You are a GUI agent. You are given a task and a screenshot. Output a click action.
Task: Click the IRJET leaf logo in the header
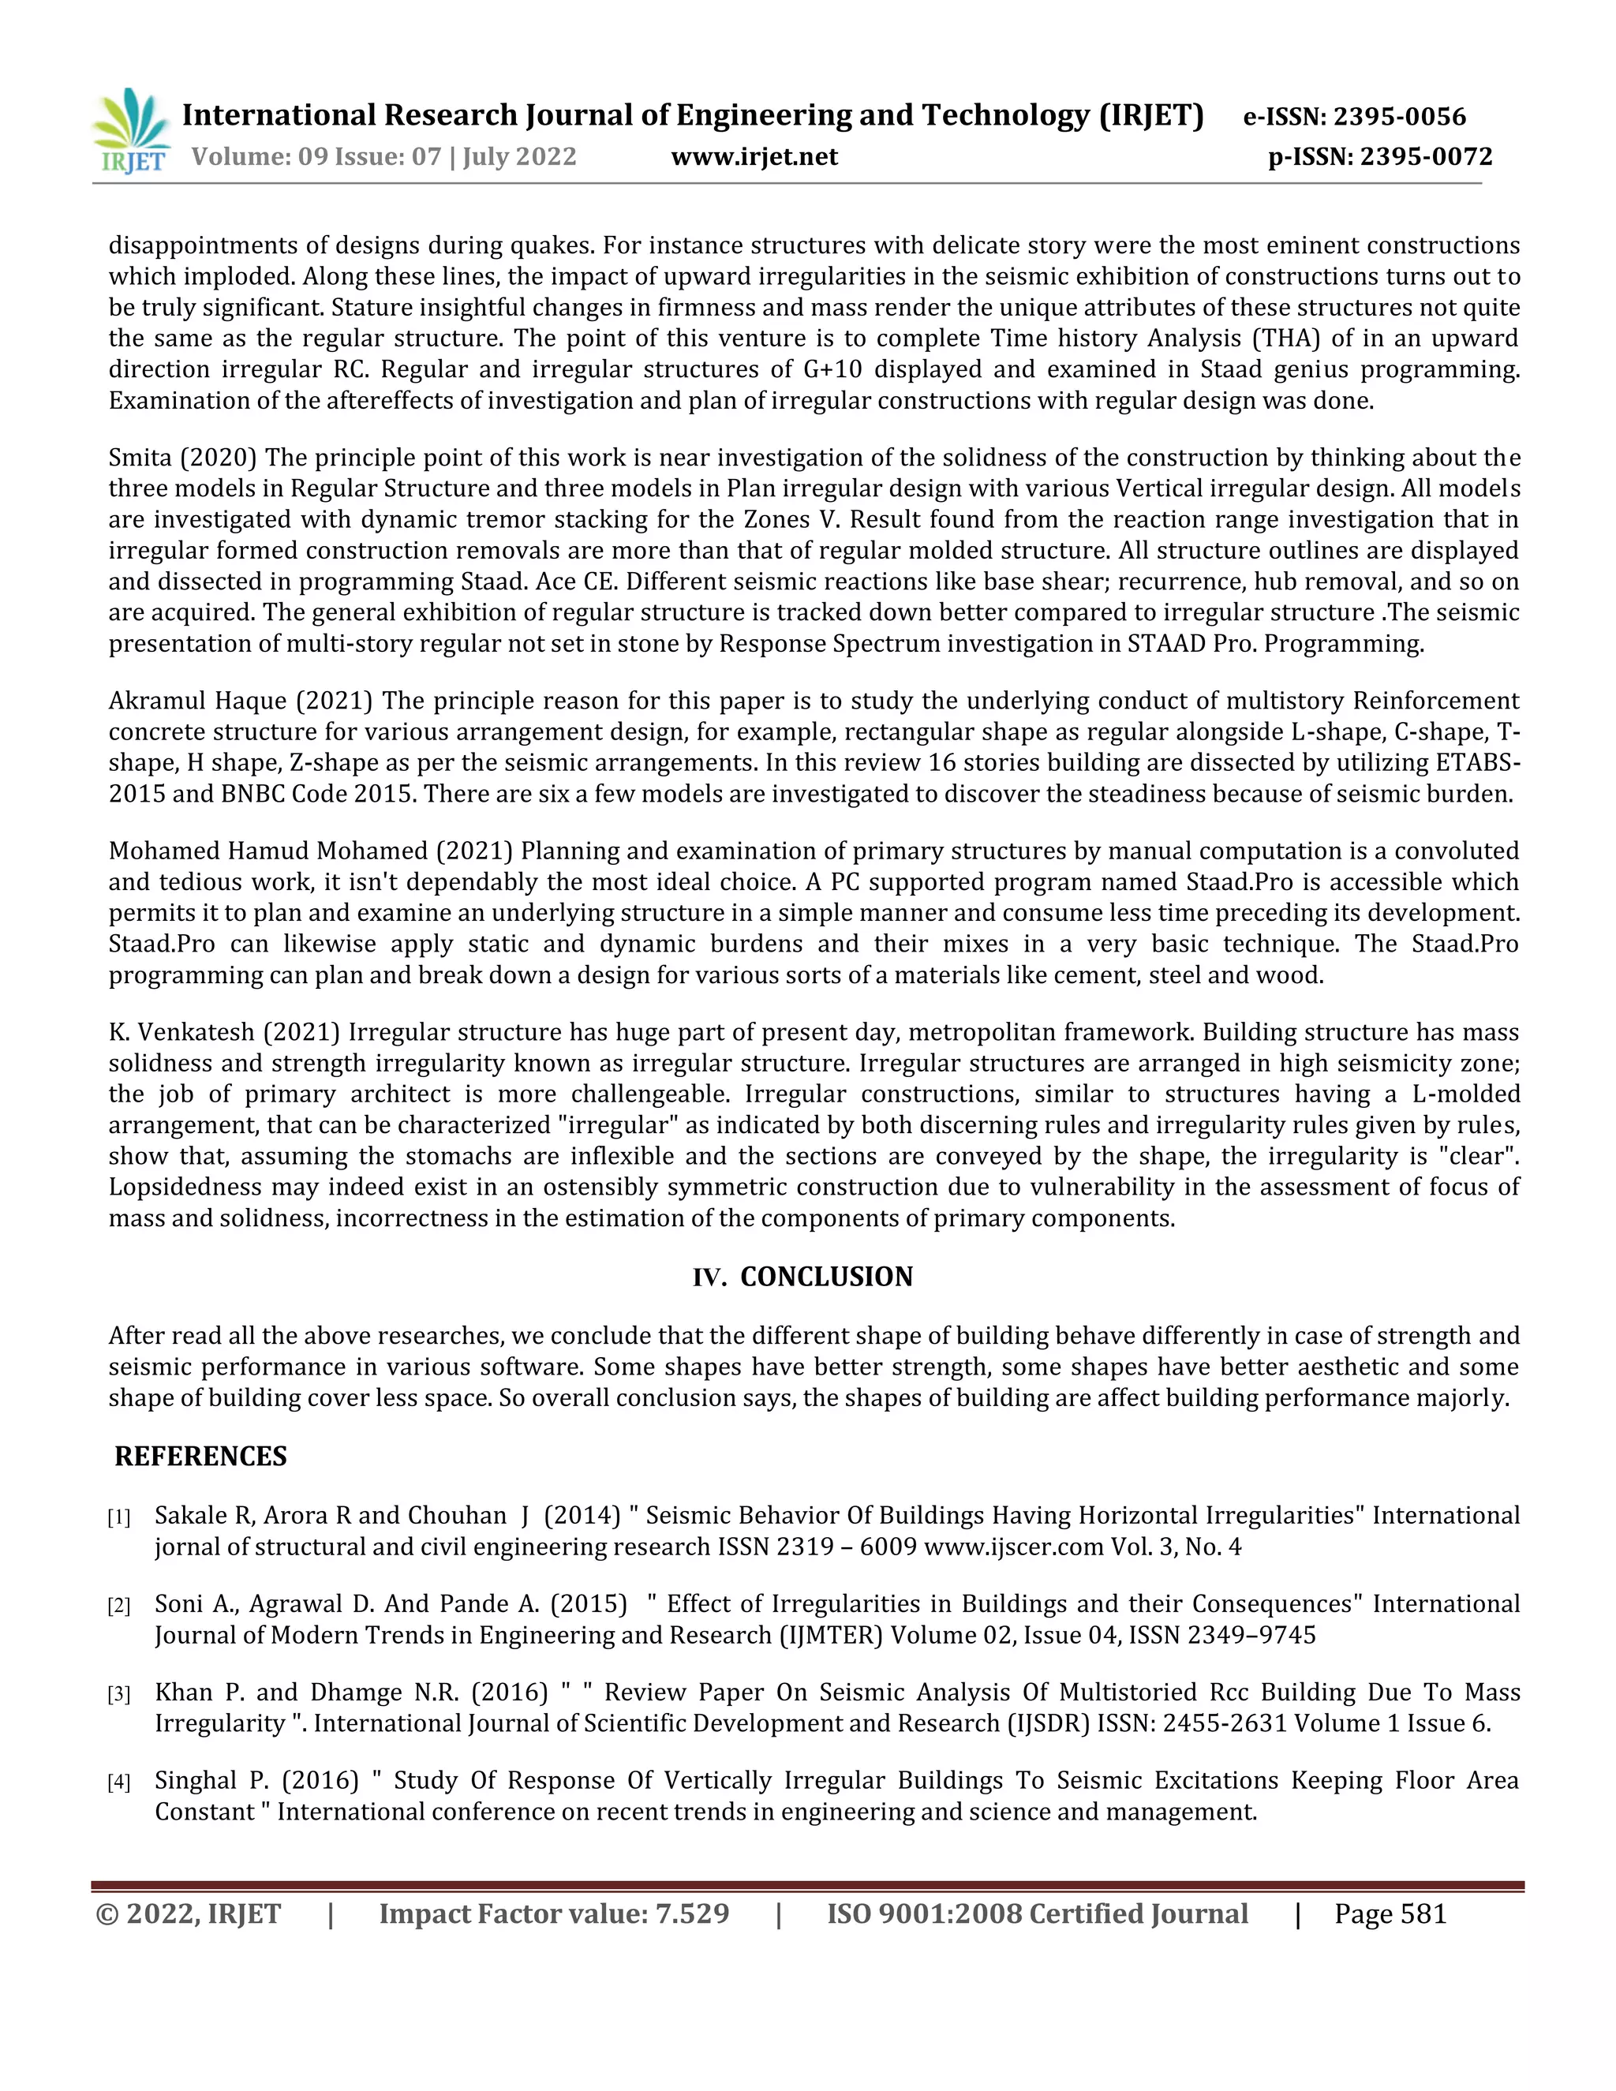pyautogui.click(x=132, y=131)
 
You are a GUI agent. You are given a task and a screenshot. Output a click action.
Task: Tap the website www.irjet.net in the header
pyautogui.click(x=754, y=157)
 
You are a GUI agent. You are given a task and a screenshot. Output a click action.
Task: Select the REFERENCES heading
pyautogui.click(x=201, y=1457)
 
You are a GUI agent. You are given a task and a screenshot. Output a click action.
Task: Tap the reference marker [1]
pyautogui.click(x=118, y=1517)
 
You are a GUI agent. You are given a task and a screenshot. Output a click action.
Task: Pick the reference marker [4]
pyautogui.click(x=118, y=1782)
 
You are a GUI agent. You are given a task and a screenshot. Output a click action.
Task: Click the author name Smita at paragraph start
pyautogui.click(x=140, y=458)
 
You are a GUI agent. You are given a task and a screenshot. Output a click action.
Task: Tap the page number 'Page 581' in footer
pyautogui.click(x=1390, y=1914)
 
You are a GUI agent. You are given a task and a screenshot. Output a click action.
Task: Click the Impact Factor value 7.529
pyautogui.click(x=691, y=1914)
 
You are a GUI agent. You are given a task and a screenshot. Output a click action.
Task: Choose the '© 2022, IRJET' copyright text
pyautogui.click(x=189, y=1914)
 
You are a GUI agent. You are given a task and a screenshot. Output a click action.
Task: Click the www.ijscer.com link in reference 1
pyautogui.click(x=1014, y=1547)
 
